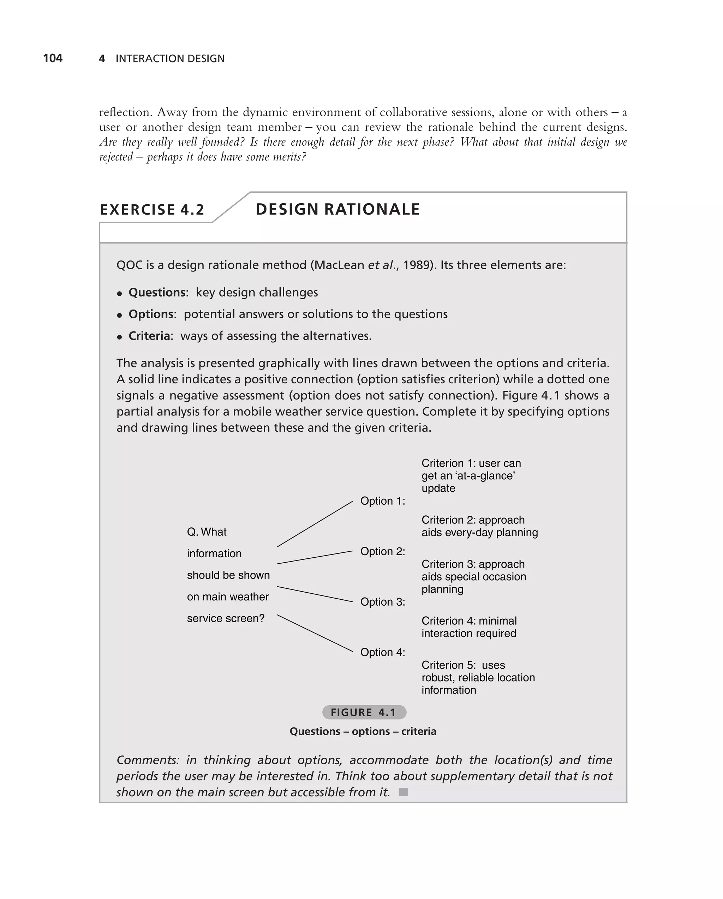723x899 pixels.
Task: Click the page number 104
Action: pos(53,58)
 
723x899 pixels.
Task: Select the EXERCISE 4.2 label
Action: pos(152,209)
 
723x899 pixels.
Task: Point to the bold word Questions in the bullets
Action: pos(156,292)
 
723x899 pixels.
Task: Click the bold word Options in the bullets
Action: pos(151,314)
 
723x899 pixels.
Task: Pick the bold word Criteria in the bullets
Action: pos(149,336)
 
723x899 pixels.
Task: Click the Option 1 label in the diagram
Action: pos(382,501)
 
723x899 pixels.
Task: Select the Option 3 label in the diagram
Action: pos(382,602)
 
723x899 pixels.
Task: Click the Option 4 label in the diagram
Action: pos(382,652)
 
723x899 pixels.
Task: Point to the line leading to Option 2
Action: pos(315,557)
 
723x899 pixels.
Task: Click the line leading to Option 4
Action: pos(315,633)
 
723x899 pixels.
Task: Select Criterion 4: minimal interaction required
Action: pos(469,627)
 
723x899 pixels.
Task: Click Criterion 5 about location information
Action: pos(478,677)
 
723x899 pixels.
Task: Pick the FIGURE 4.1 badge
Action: pos(364,712)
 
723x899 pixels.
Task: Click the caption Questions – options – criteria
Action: pos(363,731)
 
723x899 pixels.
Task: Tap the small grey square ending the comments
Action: pos(403,792)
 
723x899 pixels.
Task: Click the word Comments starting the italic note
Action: pos(147,760)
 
